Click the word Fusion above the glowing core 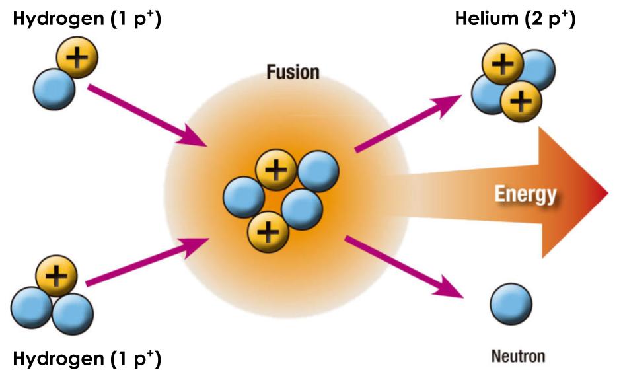[293, 71]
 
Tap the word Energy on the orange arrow [525, 194]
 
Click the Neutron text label [519, 357]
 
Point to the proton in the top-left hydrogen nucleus [77, 58]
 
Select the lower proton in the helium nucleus [521, 100]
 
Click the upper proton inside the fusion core [276, 171]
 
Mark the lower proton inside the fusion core [268, 232]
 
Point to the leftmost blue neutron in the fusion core [244, 198]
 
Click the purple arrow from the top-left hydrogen [146, 115]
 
